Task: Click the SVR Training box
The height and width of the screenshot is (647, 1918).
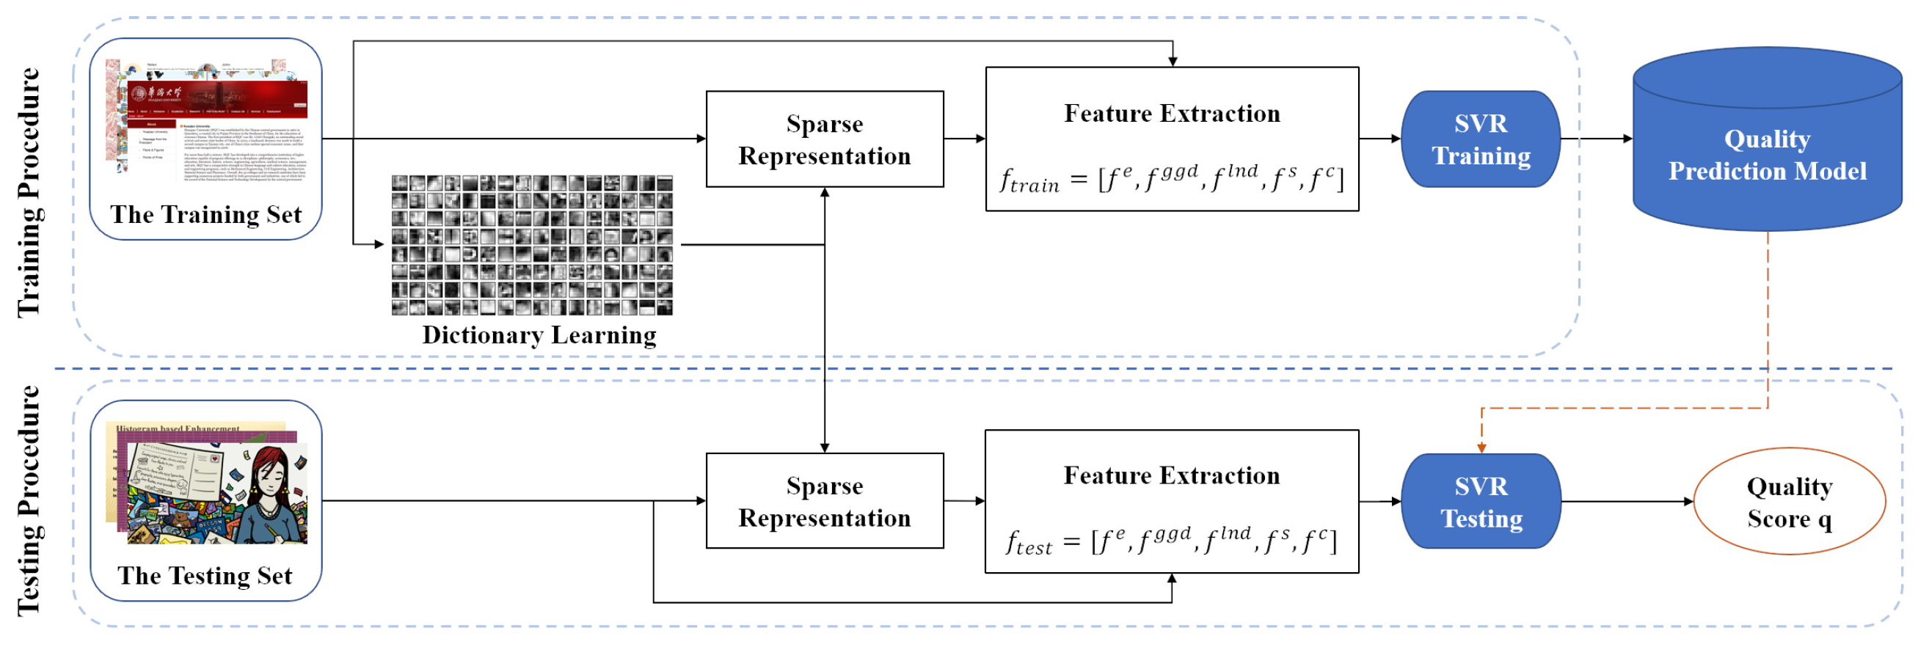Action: (1480, 139)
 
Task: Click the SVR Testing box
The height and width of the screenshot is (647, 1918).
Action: (1480, 502)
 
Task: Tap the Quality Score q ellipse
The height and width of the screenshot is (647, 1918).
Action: (1788, 502)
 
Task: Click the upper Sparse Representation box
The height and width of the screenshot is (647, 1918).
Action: (824, 139)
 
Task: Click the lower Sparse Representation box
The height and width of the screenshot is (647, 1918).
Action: (824, 501)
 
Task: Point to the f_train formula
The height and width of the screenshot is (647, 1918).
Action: (1171, 179)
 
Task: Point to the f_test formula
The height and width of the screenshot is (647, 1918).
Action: (1171, 541)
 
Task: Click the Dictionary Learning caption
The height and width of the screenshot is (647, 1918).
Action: (539, 335)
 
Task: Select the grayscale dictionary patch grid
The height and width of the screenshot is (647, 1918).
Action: (532, 245)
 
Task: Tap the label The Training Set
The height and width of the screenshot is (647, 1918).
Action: (205, 214)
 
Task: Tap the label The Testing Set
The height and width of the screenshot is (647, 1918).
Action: (205, 576)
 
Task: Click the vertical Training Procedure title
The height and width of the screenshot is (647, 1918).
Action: (29, 192)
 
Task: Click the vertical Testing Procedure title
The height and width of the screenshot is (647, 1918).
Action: (29, 501)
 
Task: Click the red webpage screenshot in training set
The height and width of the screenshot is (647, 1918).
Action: (216, 97)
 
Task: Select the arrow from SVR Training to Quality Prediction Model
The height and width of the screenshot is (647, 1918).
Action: (1596, 139)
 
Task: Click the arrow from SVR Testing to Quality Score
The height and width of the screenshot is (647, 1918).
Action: (1627, 502)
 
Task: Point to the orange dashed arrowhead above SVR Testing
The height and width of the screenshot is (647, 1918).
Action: (1481, 447)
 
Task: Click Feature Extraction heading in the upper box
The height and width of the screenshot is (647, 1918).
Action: (1172, 113)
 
